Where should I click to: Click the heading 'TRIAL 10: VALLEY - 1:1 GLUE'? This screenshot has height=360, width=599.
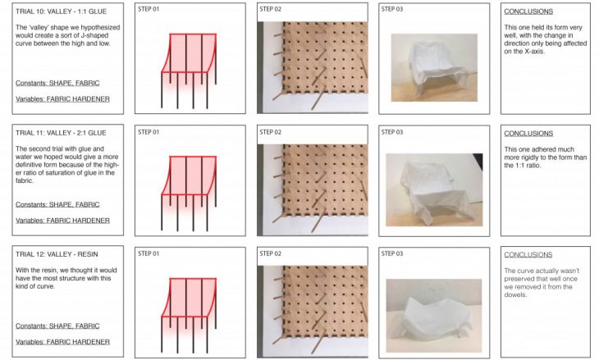click(x=61, y=11)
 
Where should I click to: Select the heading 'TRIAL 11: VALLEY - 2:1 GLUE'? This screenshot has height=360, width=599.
click(x=61, y=133)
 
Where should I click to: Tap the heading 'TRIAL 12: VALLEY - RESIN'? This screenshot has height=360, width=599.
click(x=57, y=254)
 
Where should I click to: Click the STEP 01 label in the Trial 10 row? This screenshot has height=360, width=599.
click(x=149, y=9)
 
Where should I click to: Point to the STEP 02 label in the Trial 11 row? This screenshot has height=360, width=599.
click(x=271, y=132)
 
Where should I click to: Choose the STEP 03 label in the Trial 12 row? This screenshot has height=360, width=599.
click(x=392, y=253)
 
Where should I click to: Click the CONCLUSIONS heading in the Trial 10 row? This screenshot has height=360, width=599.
click(x=528, y=11)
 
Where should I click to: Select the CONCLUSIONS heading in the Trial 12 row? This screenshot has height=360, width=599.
click(x=528, y=255)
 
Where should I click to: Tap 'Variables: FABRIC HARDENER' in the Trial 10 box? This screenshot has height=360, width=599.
click(x=62, y=99)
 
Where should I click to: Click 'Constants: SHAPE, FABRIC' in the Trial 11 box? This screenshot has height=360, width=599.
click(x=57, y=205)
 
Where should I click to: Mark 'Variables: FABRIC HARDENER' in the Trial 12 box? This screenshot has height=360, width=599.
click(x=62, y=342)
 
